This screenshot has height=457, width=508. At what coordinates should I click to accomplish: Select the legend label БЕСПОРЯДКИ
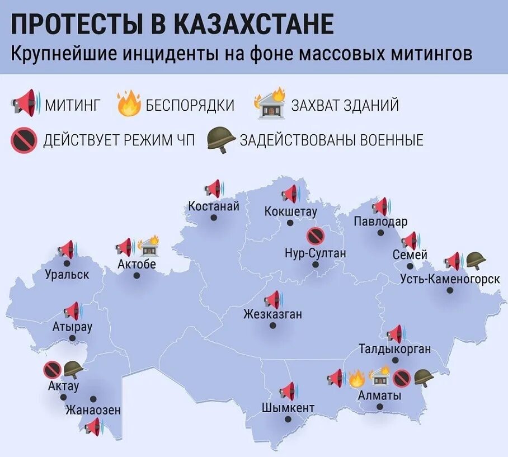click(x=190, y=105)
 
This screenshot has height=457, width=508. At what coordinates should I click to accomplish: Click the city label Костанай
click(x=214, y=206)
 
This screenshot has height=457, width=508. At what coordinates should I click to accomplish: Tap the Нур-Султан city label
click(x=315, y=253)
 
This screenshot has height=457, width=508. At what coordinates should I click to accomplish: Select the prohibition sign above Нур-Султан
click(x=316, y=236)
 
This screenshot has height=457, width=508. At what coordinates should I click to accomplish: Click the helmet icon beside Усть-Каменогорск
click(x=476, y=260)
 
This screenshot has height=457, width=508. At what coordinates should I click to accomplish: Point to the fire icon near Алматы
click(x=356, y=379)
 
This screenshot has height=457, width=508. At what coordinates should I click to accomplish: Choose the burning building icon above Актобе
click(x=148, y=245)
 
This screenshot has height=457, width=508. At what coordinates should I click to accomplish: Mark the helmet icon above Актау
click(x=73, y=369)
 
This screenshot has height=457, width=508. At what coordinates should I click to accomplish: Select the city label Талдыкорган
click(x=395, y=350)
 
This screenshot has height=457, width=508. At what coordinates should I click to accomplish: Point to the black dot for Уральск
click(x=67, y=263)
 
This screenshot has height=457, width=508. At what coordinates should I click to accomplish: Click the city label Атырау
click(x=72, y=327)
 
